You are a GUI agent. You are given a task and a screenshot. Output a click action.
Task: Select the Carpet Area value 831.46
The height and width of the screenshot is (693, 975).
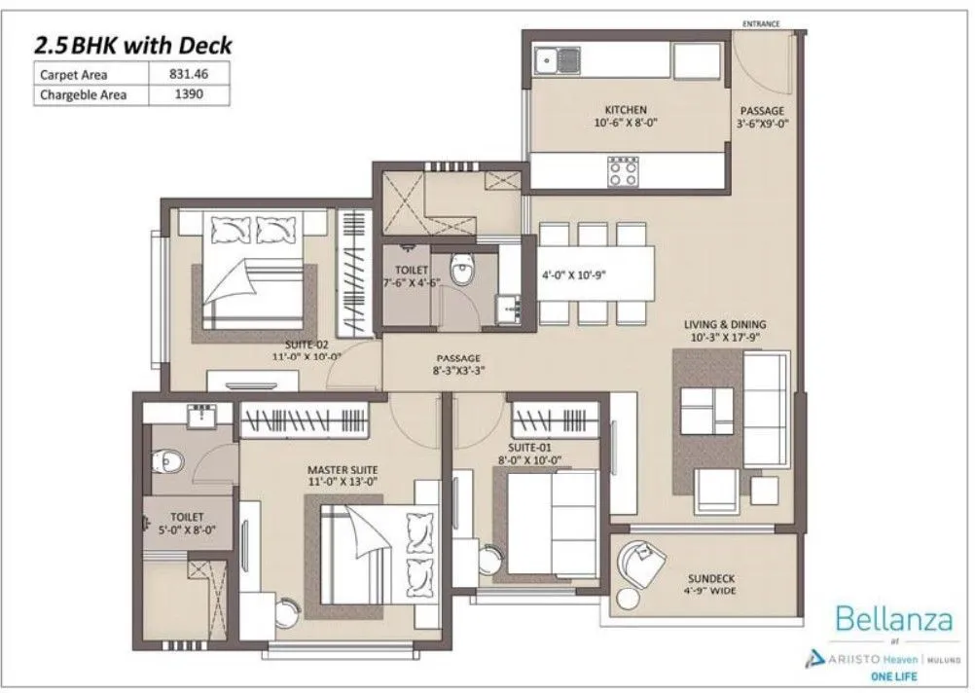tap(190, 74)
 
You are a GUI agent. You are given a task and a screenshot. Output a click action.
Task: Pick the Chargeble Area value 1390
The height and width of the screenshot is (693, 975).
tap(190, 95)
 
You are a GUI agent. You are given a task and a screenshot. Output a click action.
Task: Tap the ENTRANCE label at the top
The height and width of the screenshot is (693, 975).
tap(760, 23)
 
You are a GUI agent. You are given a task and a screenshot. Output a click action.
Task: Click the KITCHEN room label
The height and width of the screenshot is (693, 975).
tap(626, 110)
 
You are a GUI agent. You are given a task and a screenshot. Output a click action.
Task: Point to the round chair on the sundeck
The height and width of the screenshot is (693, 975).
tap(641, 561)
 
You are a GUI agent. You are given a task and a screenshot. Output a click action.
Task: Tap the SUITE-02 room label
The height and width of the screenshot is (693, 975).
tap(306, 344)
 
